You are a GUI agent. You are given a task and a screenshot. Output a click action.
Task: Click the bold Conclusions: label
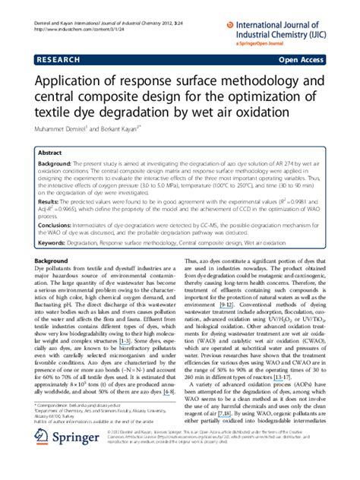(x=55, y=225)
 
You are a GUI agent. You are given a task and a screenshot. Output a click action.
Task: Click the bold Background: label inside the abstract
(x=55, y=163)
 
